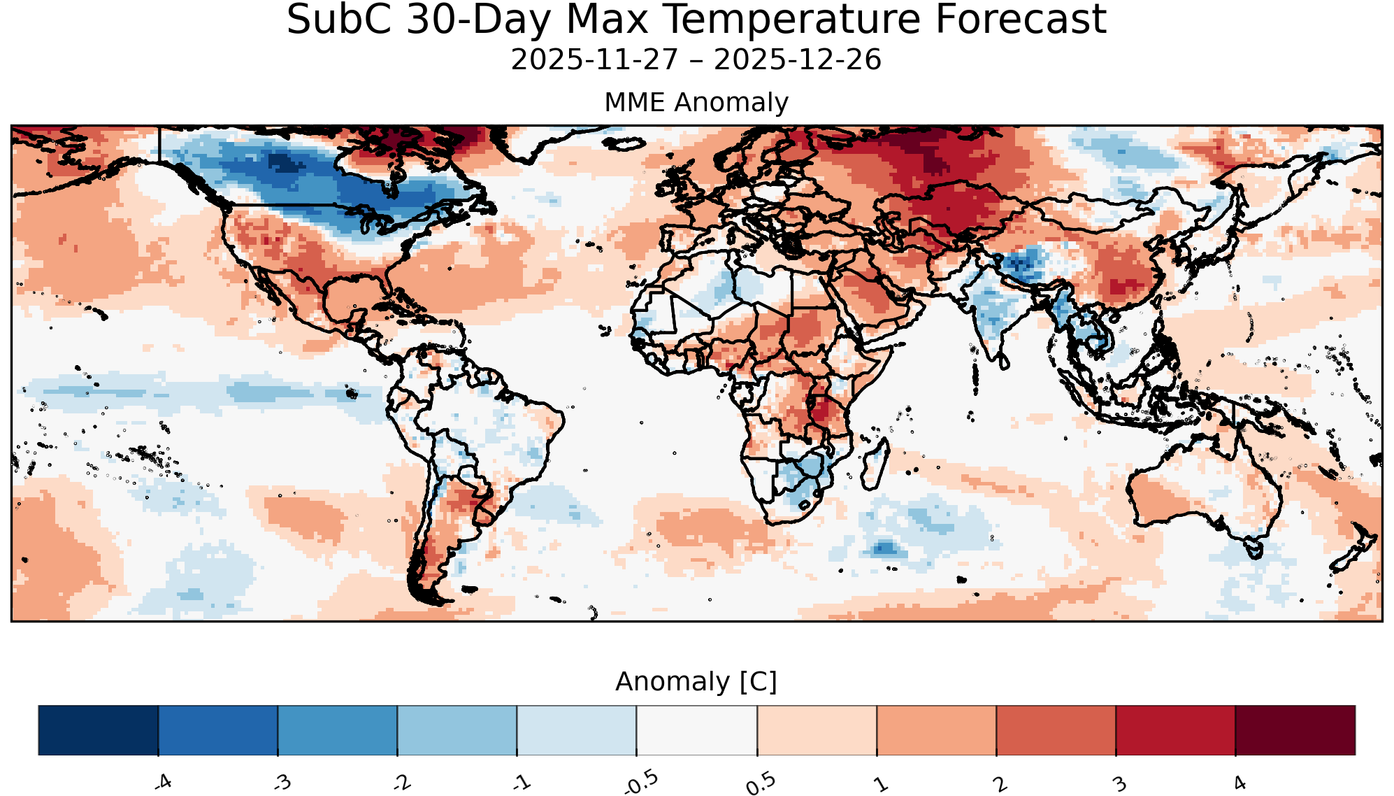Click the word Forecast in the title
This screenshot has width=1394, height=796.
(1021, 20)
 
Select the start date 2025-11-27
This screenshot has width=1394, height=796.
(595, 60)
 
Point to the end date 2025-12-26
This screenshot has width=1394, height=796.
(798, 60)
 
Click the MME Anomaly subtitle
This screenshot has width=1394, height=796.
(696, 102)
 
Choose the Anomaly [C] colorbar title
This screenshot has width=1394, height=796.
(696, 681)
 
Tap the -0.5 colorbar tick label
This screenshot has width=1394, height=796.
(640, 782)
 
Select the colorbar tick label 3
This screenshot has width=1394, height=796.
(1120, 783)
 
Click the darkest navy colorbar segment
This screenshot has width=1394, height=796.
(99, 730)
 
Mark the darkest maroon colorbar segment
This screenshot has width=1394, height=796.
(1295, 730)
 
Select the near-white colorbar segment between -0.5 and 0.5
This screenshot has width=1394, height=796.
(697, 730)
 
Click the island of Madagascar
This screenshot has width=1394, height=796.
(875, 464)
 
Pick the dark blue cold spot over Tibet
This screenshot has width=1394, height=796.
(1021, 264)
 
